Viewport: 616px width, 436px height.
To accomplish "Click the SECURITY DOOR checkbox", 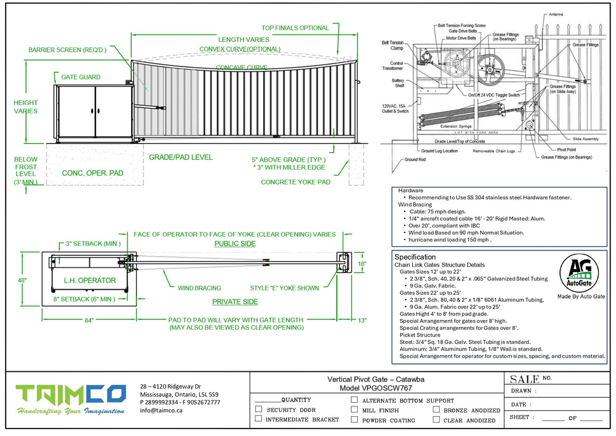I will click(x=259, y=409).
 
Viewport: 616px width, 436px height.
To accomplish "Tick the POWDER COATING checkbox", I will click(x=354, y=419).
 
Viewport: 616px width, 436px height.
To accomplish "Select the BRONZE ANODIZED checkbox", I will click(x=437, y=409).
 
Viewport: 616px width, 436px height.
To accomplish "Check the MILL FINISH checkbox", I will click(x=354, y=409).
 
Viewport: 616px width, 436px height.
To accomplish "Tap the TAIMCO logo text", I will click(x=70, y=395).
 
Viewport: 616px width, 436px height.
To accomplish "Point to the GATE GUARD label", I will click(x=81, y=78).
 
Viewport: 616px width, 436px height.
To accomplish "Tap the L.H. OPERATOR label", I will click(x=90, y=281).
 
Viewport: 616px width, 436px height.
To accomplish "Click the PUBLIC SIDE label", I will click(x=235, y=244).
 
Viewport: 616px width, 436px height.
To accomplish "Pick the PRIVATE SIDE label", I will click(x=235, y=302).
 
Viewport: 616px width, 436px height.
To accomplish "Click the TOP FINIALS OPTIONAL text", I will click(x=295, y=28).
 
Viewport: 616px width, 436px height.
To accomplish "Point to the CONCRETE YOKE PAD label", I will click(x=295, y=182).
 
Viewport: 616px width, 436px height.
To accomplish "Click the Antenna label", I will click(x=573, y=14).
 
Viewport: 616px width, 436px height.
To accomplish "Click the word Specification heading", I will click(x=415, y=257).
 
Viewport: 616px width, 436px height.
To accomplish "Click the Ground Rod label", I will click(x=415, y=160).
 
